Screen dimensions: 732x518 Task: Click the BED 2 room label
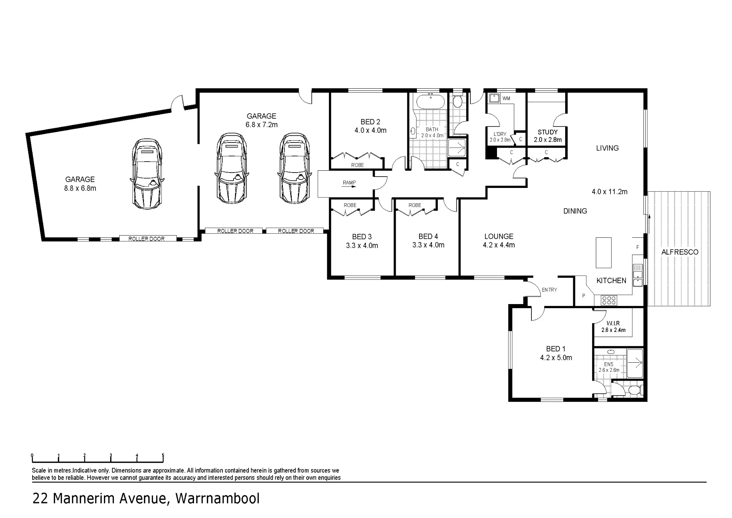tap(370, 122)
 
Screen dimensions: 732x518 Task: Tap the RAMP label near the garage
tap(349, 182)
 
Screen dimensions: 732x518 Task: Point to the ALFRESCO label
tap(680, 252)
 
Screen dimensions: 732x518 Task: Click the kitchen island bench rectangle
tap(604, 253)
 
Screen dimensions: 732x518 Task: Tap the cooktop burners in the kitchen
tap(609, 301)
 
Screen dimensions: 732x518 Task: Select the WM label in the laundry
tap(506, 99)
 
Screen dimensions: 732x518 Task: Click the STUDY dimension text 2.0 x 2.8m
tap(548, 140)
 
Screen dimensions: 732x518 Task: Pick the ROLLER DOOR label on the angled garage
tap(146, 239)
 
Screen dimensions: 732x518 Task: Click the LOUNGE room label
tap(499, 236)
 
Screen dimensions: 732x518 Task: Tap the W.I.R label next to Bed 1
tap(613, 323)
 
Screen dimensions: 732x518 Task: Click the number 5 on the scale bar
tap(163, 456)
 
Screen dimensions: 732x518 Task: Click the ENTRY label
tap(549, 290)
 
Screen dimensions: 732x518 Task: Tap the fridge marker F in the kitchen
tap(637, 247)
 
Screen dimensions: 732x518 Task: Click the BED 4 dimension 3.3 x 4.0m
tap(428, 245)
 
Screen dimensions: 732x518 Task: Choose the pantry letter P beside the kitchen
tap(583, 296)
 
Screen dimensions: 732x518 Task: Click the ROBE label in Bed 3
tap(350, 205)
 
